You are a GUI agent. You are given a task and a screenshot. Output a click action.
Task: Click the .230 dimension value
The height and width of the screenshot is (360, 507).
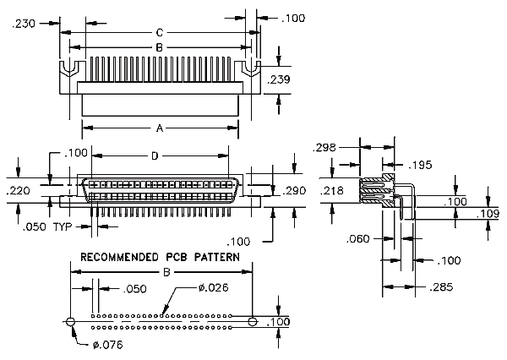click(24, 24)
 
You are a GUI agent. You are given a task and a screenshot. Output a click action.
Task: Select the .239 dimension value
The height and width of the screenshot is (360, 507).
click(279, 79)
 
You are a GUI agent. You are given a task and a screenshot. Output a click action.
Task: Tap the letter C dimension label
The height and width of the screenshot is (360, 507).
click(160, 33)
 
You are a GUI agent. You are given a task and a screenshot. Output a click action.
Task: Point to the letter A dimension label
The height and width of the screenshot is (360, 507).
click(160, 128)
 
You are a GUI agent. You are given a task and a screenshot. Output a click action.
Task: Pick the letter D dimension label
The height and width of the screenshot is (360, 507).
click(155, 156)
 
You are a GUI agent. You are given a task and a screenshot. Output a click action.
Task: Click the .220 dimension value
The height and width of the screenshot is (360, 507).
click(18, 191)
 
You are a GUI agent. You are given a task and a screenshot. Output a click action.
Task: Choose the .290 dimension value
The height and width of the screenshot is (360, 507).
click(294, 191)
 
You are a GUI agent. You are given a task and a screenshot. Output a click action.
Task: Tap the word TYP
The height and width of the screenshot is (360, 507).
click(63, 226)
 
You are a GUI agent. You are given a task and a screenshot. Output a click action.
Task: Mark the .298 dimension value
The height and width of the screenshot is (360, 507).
click(324, 148)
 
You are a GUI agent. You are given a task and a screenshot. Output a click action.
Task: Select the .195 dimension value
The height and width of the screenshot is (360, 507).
click(420, 166)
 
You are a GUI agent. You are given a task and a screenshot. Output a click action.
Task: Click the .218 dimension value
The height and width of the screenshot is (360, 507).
click(332, 191)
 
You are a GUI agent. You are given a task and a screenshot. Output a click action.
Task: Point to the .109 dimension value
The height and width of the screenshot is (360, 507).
click(488, 214)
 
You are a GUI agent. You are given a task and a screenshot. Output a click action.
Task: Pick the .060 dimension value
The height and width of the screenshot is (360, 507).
click(357, 239)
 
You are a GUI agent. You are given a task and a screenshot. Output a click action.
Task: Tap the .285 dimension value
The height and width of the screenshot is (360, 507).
click(441, 286)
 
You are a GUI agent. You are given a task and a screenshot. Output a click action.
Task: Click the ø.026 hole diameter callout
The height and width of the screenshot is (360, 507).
click(214, 287)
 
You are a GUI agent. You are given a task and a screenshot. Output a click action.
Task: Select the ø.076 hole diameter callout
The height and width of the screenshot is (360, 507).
click(108, 345)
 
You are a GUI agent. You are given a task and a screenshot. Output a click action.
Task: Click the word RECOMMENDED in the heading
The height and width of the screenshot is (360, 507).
click(119, 257)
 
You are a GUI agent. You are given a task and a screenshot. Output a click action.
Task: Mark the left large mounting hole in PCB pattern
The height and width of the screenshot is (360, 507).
click(70, 321)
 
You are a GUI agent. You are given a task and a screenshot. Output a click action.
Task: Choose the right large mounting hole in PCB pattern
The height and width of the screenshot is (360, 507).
click(253, 321)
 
